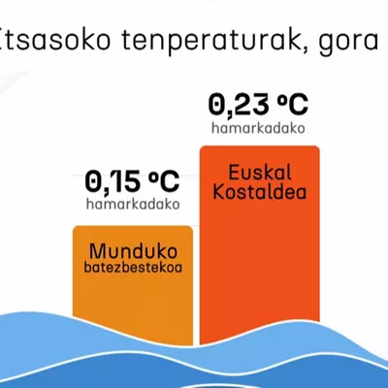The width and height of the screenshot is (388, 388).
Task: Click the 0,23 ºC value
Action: pos(258,105)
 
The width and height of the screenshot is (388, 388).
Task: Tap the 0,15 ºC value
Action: pos(132,181)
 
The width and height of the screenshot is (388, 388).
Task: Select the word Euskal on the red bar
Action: pos(260,173)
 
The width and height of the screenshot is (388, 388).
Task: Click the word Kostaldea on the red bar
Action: pos(260,191)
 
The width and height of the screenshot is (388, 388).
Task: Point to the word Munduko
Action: pos(133,251)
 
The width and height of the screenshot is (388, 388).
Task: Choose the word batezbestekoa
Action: pos(133,268)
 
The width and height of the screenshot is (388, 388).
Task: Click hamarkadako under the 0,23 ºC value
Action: pos(258,128)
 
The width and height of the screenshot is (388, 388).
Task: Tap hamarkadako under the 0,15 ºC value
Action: pos(133,204)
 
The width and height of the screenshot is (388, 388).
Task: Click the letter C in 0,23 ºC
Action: pos(297,105)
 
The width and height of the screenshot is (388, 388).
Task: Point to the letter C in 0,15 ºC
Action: pos(169,181)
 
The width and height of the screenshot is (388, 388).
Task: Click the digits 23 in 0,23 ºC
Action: pos(248,105)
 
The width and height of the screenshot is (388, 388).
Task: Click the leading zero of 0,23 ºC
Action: pos(216,105)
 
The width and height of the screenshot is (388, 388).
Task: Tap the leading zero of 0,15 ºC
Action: pos(93,181)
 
